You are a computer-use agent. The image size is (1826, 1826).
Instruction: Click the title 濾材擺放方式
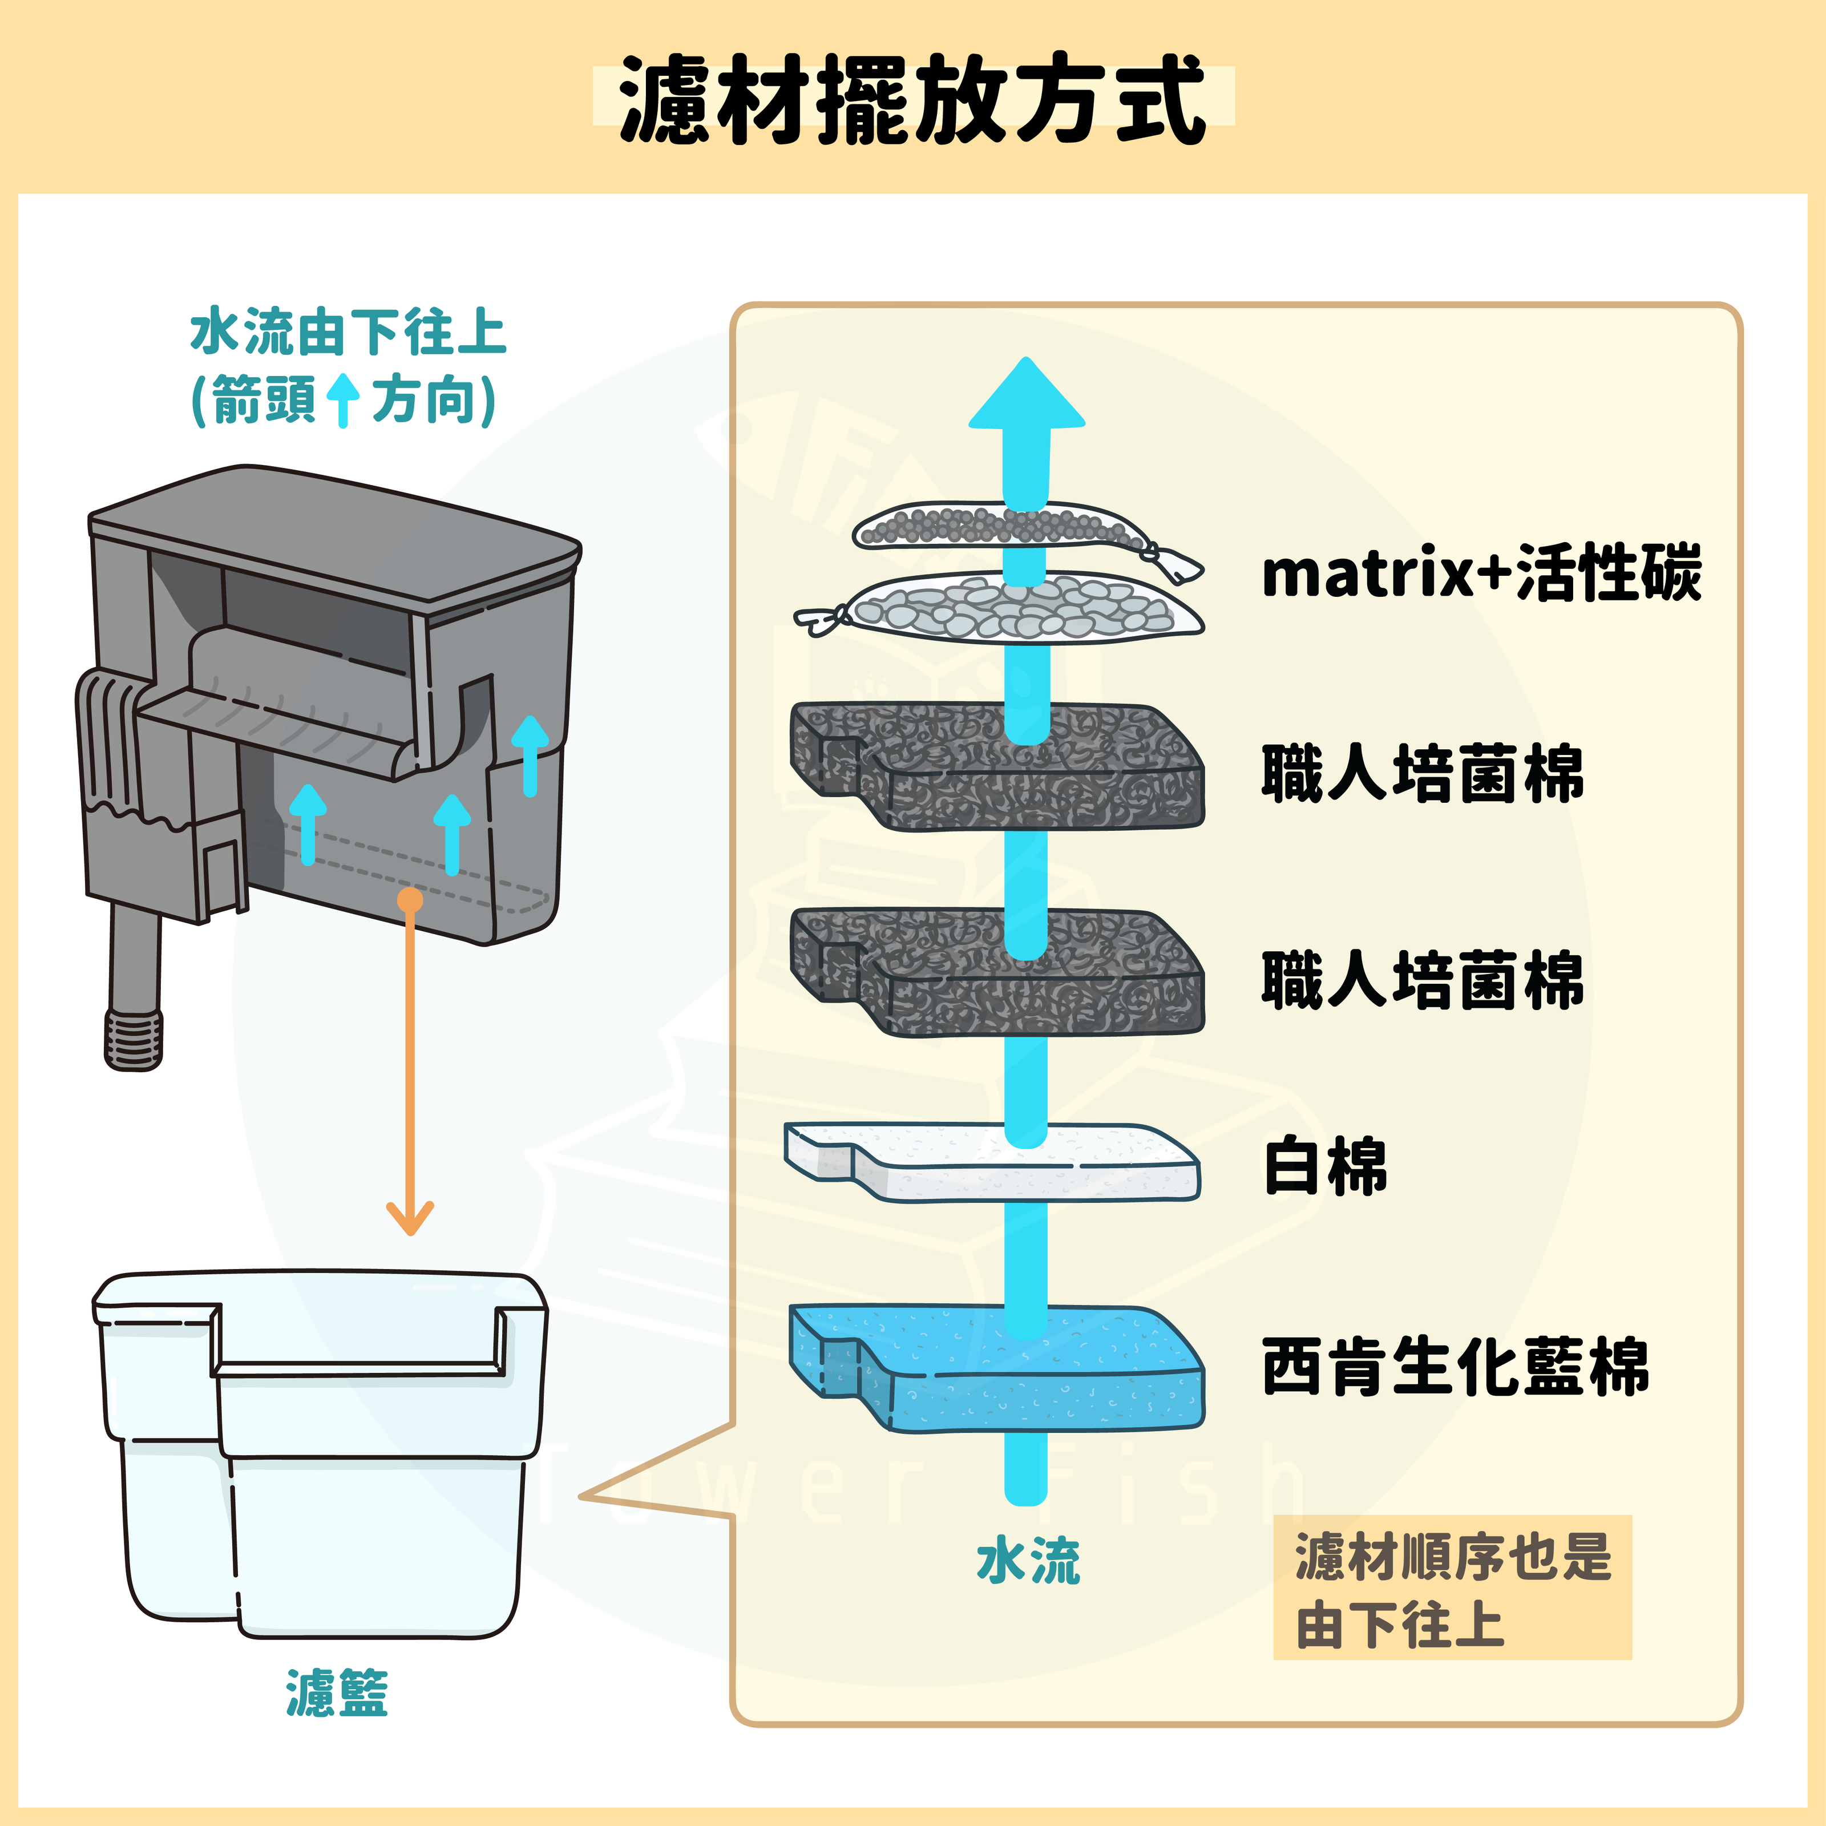click(912, 98)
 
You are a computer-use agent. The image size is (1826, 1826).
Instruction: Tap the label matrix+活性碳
click(1481, 573)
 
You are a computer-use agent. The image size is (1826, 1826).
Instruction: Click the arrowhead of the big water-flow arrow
click(1027, 397)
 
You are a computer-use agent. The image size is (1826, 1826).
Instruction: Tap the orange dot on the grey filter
click(410, 900)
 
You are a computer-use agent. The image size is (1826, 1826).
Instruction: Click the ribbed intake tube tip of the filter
click(134, 1040)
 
